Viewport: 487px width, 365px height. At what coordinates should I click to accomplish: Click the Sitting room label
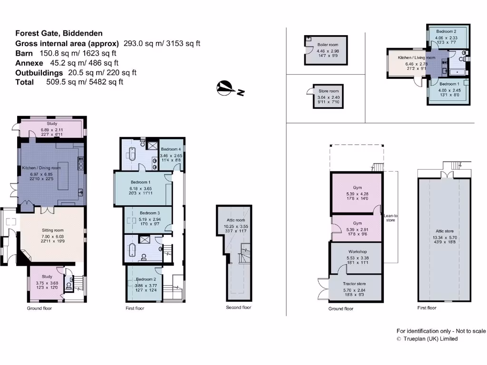(53, 230)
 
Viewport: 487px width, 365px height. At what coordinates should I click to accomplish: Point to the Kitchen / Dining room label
(42, 168)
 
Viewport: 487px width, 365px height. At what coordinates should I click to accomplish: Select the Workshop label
(357, 251)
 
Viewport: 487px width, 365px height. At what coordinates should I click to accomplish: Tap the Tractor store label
(357, 283)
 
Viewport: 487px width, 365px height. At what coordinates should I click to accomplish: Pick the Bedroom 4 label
(171, 149)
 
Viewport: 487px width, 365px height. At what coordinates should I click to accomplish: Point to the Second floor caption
(238, 307)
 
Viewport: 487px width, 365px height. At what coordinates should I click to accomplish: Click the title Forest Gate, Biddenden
(58, 33)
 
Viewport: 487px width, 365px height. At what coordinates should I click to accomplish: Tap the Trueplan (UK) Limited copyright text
(427, 339)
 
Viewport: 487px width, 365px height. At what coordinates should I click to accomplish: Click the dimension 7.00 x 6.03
(53, 236)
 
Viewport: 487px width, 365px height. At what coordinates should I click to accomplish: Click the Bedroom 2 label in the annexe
(446, 31)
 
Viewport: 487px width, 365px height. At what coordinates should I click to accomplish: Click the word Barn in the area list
(24, 53)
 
